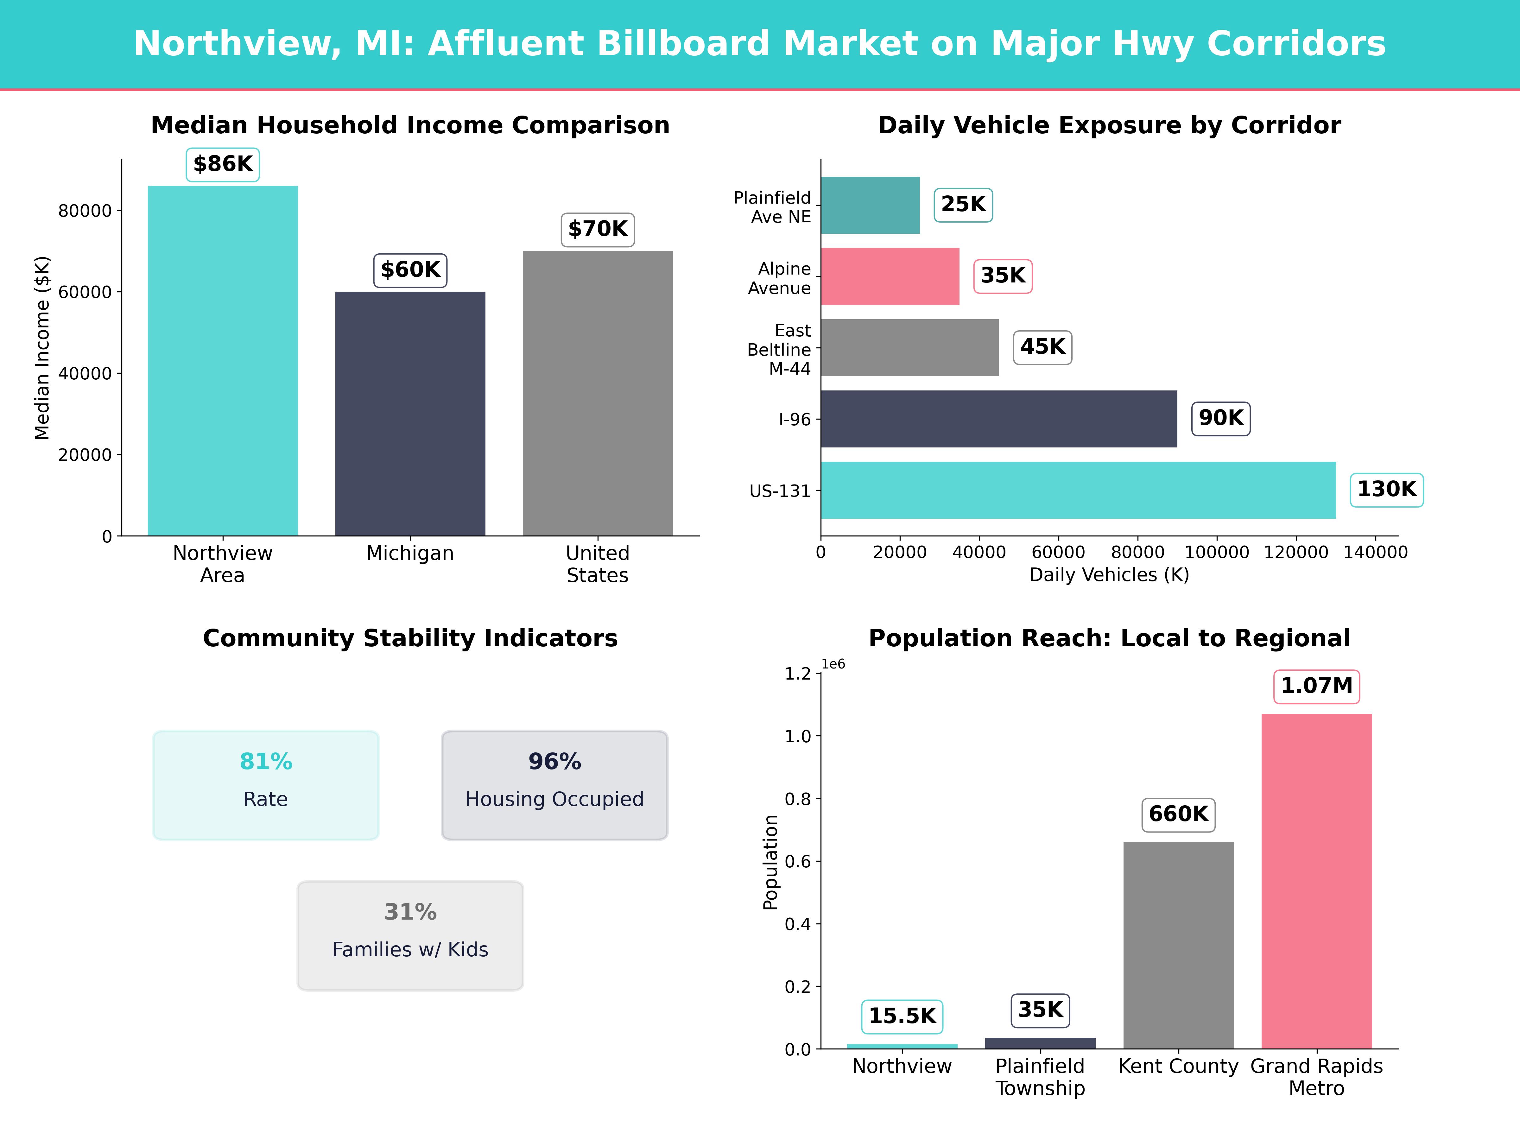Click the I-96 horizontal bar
coord(998,419)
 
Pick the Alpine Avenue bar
coord(890,276)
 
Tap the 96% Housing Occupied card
coord(554,785)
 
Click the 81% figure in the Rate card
coord(266,762)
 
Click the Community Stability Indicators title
coord(410,638)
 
